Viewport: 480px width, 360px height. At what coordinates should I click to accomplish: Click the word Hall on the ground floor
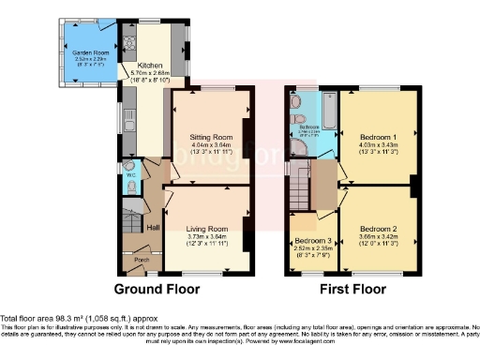[x=152, y=227]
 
